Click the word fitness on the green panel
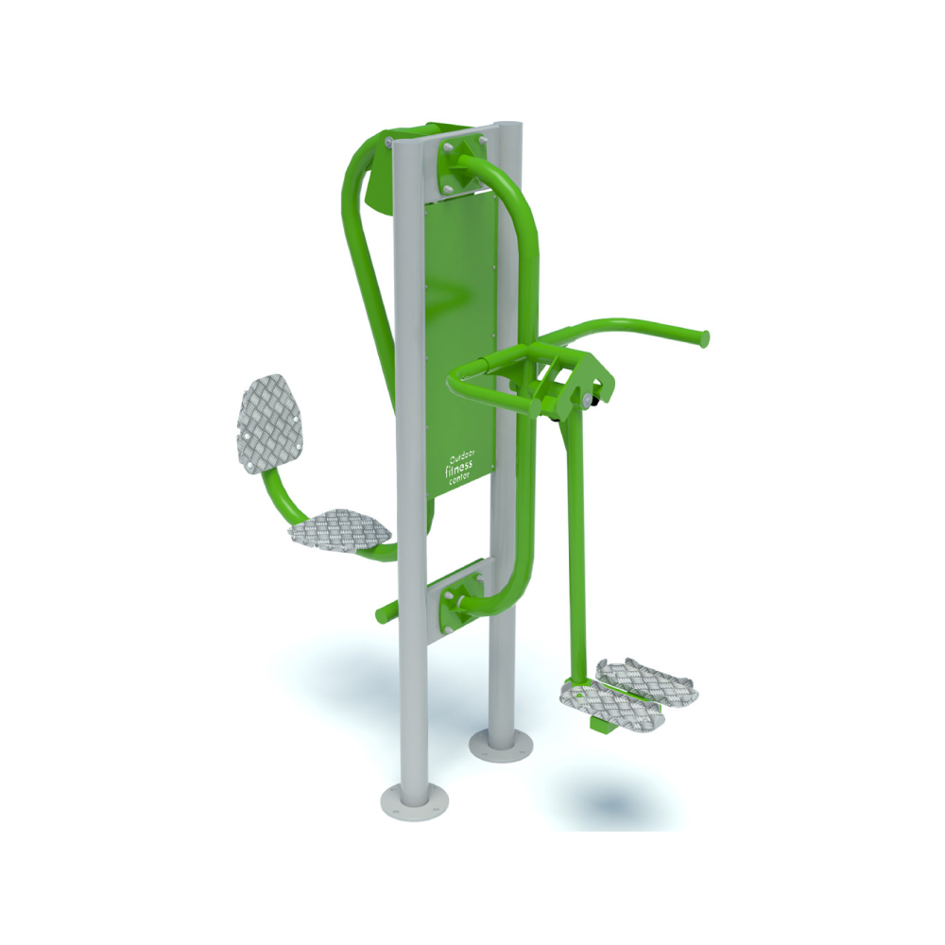tap(458, 468)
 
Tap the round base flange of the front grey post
tap(414, 801)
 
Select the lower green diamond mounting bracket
tap(462, 596)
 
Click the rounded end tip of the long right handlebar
tap(703, 337)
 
